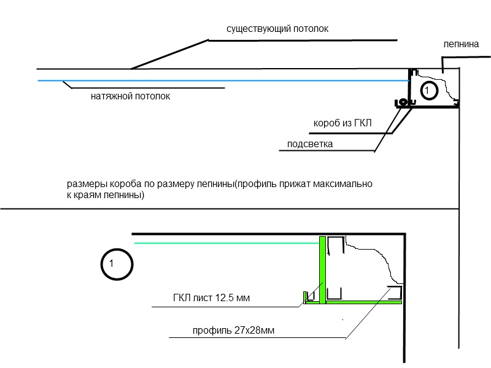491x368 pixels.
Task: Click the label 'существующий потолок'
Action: click(x=277, y=29)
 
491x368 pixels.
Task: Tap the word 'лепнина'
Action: click(x=461, y=44)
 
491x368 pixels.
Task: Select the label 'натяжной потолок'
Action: click(x=130, y=96)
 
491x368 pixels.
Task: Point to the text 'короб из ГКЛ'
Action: click(x=342, y=123)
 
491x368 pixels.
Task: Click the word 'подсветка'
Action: click(x=310, y=144)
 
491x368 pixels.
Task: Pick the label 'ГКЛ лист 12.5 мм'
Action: click(x=211, y=297)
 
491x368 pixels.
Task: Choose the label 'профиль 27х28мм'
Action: click(x=233, y=331)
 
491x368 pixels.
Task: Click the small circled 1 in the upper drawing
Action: click(x=428, y=91)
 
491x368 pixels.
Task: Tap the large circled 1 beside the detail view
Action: click(x=117, y=264)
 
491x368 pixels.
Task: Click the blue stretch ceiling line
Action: click(x=223, y=81)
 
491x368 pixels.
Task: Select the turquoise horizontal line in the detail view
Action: click(x=226, y=243)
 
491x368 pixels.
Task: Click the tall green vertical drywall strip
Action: click(x=323, y=270)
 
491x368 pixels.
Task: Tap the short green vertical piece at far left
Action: click(x=304, y=297)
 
